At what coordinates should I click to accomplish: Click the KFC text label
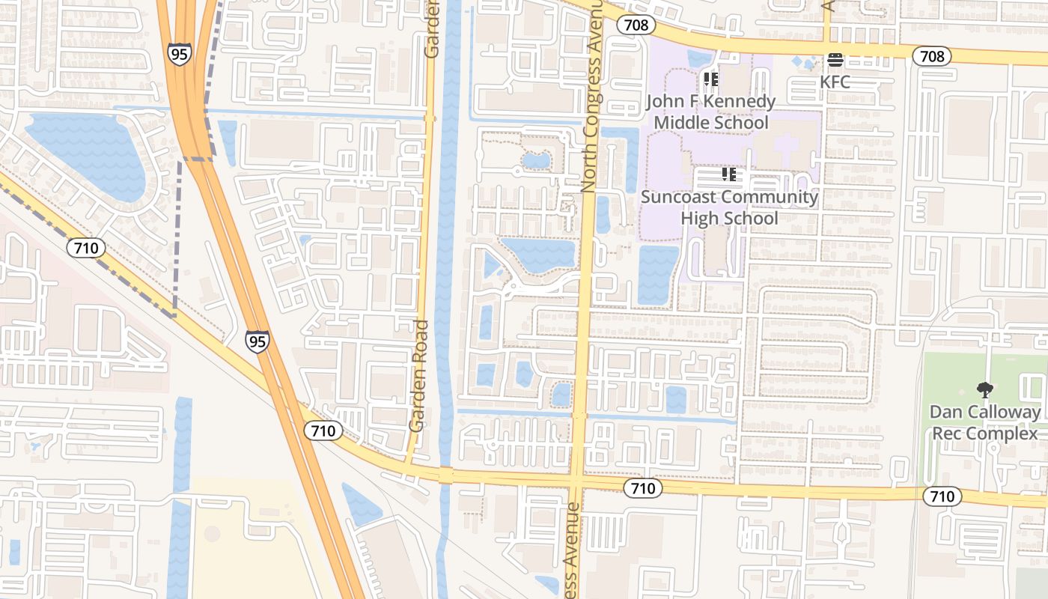835,82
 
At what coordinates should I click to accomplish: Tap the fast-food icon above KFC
835,60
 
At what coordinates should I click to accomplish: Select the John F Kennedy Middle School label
710,112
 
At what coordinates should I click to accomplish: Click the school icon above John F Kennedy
710,79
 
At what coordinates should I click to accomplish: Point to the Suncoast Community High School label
729,207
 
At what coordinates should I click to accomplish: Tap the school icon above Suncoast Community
729,174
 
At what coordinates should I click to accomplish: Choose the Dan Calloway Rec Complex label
984,422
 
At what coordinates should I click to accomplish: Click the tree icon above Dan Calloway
984,389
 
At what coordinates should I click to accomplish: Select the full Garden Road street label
419,376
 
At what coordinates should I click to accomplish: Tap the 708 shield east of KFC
932,55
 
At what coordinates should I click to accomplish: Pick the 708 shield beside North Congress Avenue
637,25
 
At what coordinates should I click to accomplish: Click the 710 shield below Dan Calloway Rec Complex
942,496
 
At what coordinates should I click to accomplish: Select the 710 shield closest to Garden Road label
323,430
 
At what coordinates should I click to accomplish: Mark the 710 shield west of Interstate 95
86,248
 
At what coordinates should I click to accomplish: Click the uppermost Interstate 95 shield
180,54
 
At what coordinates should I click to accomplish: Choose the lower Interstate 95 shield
257,341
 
